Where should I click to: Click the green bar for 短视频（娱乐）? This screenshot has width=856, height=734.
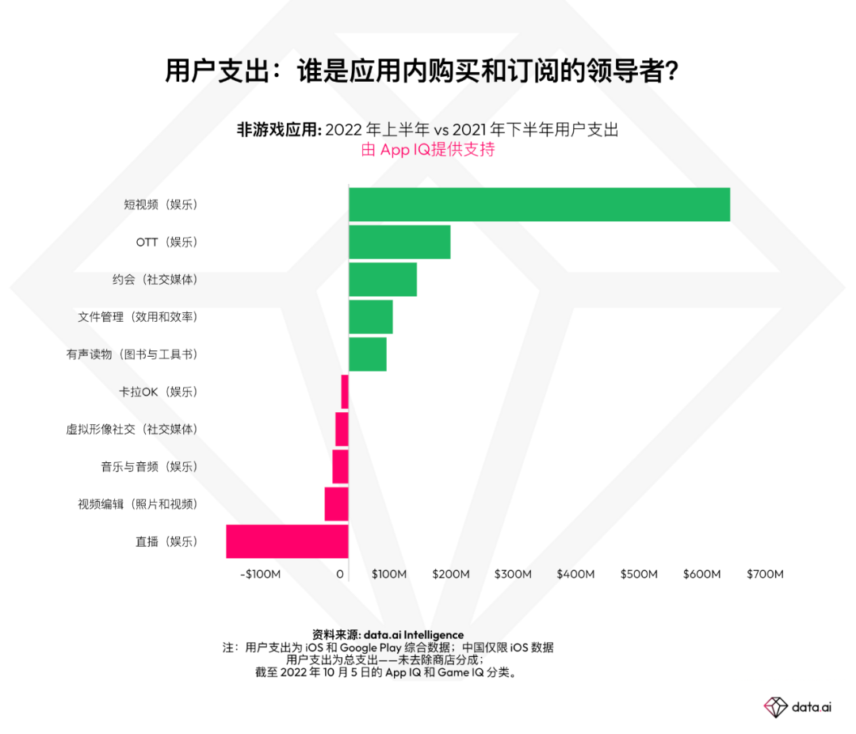coord(539,205)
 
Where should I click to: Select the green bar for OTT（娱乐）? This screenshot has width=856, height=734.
coord(399,242)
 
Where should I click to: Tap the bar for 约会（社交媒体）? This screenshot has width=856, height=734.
coord(383,279)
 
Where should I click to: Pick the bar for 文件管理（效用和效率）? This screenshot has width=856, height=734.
coord(371,316)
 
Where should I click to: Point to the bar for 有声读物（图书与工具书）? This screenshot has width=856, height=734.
coord(368,354)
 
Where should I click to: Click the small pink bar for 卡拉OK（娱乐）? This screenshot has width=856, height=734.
coord(345,392)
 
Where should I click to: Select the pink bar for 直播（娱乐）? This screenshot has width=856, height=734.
coord(287,541)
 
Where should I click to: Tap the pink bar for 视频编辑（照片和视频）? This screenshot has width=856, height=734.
coord(336,504)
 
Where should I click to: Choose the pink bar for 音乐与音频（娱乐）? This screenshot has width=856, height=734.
coord(340,466)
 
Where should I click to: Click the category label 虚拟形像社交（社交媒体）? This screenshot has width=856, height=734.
coord(132,429)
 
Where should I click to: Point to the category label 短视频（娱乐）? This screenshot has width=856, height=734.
coord(160,205)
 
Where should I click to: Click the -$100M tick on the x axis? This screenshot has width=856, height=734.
coord(260,574)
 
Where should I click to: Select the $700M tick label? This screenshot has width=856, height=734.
coord(765,574)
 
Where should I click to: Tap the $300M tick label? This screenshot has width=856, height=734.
coord(513,574)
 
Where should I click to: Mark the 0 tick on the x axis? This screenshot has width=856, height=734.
coord(341,574)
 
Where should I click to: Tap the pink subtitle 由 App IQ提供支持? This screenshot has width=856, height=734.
coord(428,150)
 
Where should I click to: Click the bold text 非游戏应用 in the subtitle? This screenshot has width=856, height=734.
coord(277,130)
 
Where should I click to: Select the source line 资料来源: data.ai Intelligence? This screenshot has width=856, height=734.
coord(388,635)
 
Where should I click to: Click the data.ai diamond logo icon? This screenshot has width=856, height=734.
coord(775,706)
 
